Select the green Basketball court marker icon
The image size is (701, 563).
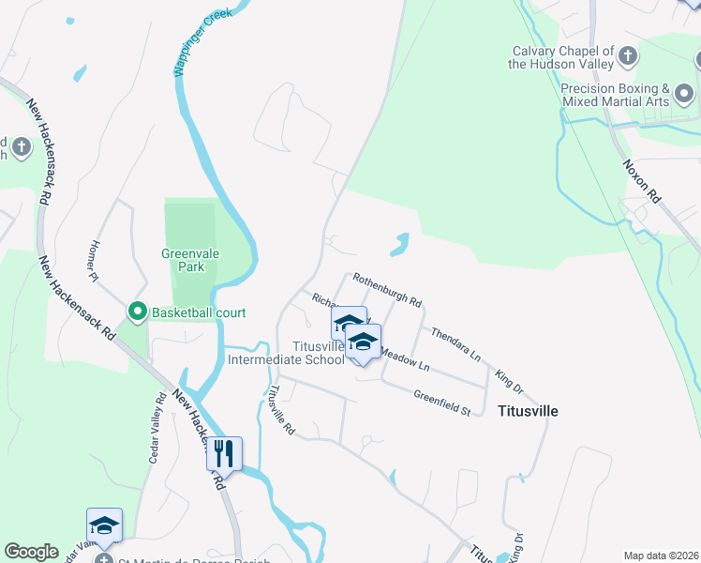[x=138, y=311]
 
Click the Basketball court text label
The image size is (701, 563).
[x=192, y=311]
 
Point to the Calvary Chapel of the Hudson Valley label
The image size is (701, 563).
[x=561, y=57]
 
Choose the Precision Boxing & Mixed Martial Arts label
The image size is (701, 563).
[x=615, y=94]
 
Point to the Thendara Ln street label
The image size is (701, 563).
[x=455, y=343]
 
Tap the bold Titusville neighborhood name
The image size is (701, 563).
[x=528, y=411]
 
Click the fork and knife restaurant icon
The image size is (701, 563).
[x=224, y=454]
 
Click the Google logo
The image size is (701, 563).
[x=31, y=552]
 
